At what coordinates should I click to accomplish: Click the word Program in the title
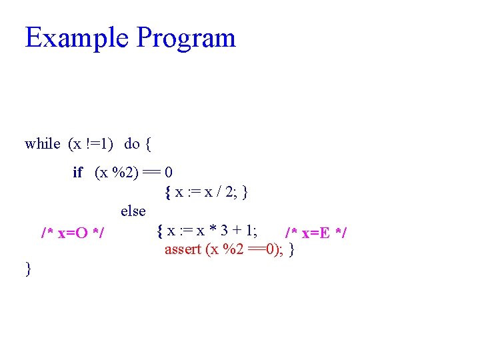[x=186, y=39]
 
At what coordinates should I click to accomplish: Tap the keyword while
[x=42, y=143]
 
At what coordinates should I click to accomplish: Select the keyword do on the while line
[x=131, y=143]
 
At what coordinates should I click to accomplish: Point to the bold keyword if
[x=77, y=173]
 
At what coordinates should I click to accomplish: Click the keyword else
[x=133, y=211]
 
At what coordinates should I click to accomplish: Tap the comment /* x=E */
[x=316, y=233]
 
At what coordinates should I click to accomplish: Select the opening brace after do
[x=148, y=143]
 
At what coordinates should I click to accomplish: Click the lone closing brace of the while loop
[x=28, y=269]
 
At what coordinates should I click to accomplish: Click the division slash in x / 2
[x=217, y=193]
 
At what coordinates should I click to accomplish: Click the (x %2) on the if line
[x=117, y=173]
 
